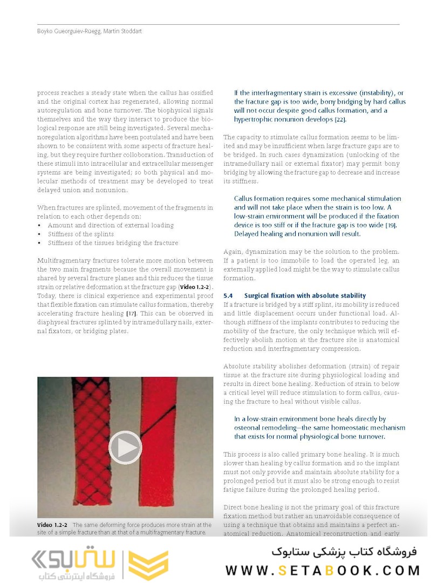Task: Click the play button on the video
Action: pyautogui.click(x=125, y=448)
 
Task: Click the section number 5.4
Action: pyautogui.click(x=228, y=296)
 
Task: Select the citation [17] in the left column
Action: pyautogui.click(x=131, y=314)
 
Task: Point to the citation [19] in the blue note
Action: pyautogui.click(x=391, y=225)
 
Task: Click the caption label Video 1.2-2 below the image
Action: pyautogui.click(x=52, y=525)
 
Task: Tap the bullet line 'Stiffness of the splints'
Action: pyautogui.click(x=81, y=234)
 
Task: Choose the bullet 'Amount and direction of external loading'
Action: pyautogui.click(x=111, y=225)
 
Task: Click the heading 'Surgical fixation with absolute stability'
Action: pyautogui.click(x=305, y=296)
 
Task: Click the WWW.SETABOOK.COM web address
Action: pyautogui.click(x=323, y=571)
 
